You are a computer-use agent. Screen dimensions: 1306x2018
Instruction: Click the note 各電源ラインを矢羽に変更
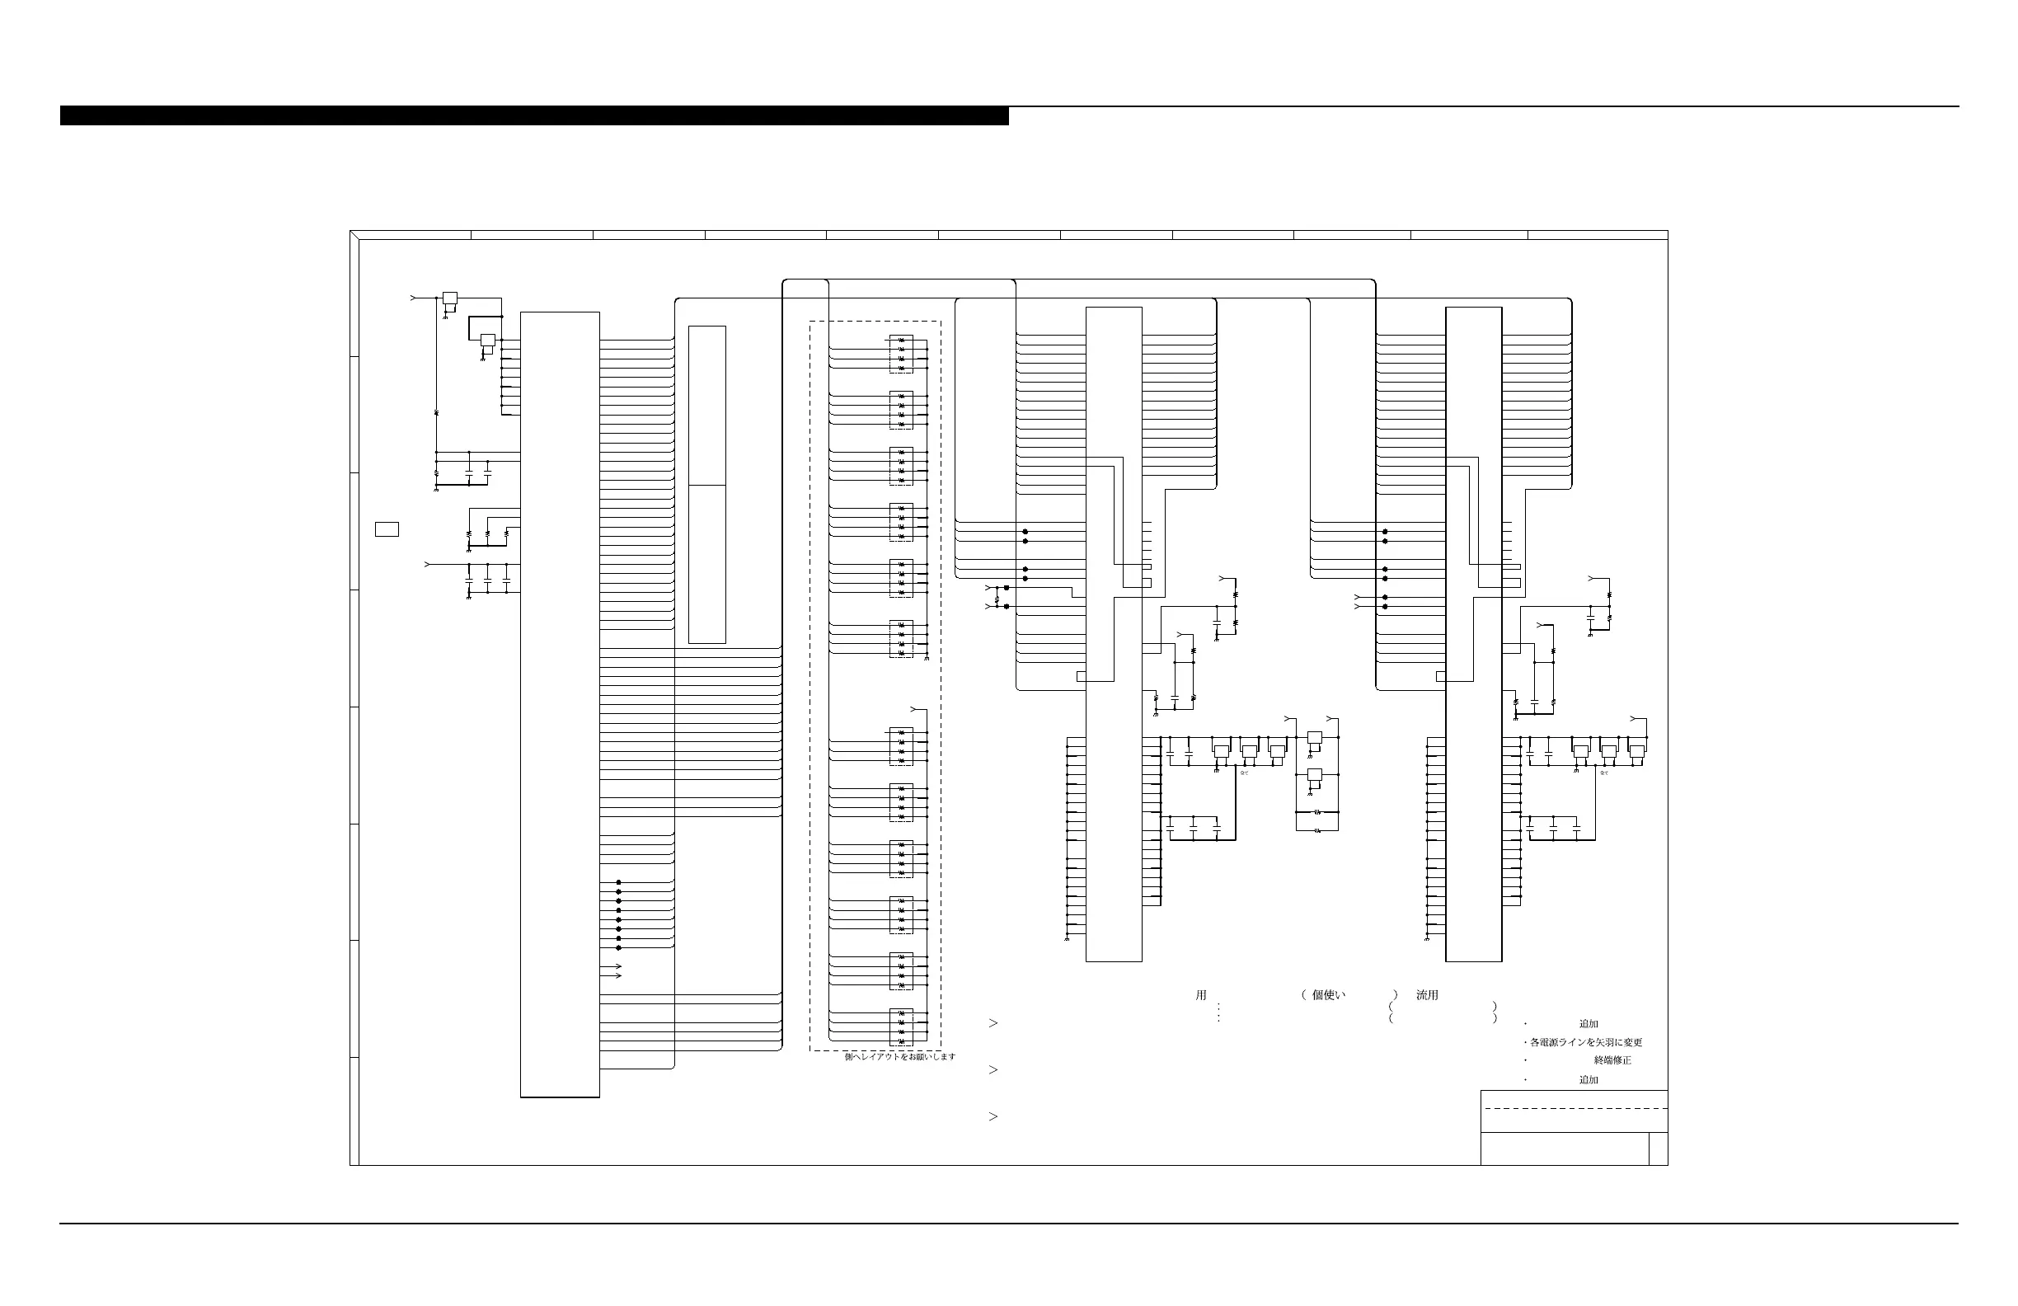(1585, 1042)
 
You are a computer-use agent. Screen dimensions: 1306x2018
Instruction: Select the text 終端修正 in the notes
(1612, 1060)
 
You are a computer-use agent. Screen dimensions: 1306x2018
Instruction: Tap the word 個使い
(1329, 996)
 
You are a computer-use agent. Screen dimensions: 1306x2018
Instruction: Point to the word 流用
(1427, 996)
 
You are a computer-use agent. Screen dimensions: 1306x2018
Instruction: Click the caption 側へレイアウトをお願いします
(899, 1057)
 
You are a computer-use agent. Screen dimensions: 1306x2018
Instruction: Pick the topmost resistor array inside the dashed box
(900, 355)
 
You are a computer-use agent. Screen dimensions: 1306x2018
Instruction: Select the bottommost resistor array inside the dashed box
(900, 1027)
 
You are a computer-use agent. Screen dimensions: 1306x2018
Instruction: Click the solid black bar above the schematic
(534, 115)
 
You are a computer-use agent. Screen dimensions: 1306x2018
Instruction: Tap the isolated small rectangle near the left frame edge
(387, 529)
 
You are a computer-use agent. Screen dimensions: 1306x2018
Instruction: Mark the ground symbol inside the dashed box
(927, 658)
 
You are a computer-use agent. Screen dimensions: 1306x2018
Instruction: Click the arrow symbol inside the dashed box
(914, 708)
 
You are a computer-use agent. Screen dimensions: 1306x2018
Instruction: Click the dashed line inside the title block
(1574, 1108)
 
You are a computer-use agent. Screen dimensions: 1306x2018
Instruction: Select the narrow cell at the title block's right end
(1659, 1149)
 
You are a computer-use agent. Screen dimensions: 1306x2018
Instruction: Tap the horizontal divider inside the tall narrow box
(707, 485)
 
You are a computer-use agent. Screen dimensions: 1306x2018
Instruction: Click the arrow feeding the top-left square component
(414, 298)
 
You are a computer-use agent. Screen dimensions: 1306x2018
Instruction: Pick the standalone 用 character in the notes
(1200, 996)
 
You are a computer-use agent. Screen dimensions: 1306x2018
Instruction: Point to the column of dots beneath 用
(1218, 1012)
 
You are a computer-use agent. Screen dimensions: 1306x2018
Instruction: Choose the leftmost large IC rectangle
(560, 704)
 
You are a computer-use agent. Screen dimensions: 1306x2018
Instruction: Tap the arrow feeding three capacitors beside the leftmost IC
(428, 564)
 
